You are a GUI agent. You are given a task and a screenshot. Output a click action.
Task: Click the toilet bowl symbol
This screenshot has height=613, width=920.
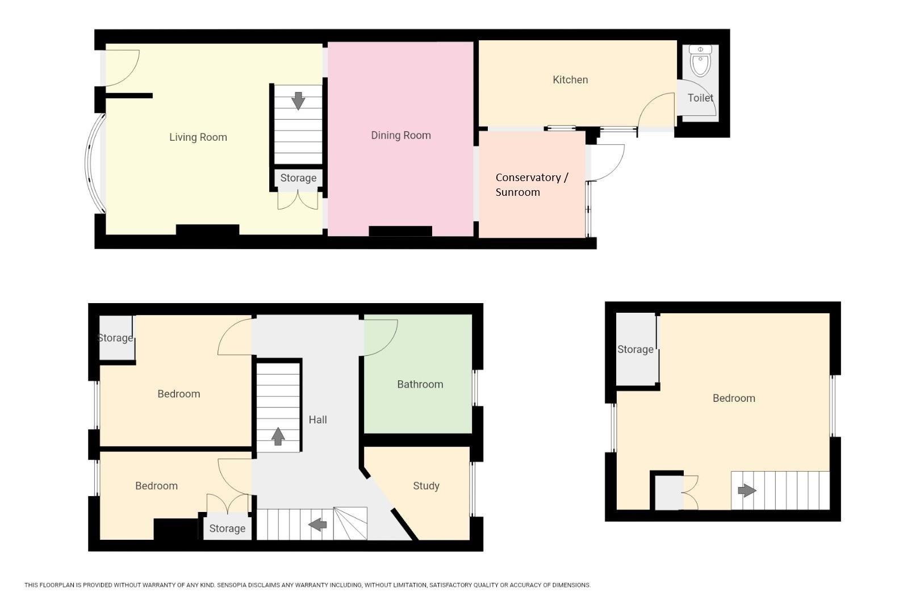coord(700,62)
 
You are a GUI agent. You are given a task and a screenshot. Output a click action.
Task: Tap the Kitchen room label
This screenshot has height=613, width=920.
coord(570,79)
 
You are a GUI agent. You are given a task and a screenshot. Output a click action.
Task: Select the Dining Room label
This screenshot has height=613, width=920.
coord(401,135)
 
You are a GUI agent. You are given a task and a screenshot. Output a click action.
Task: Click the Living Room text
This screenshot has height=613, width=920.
coord(198,137)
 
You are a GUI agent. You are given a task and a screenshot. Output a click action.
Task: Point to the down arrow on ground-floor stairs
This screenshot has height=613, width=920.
coord(298,101)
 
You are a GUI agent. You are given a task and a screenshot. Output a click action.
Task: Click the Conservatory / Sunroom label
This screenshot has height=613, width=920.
coord(531,184)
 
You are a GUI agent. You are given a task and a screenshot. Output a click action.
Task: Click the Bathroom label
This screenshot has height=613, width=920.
coord(420,384)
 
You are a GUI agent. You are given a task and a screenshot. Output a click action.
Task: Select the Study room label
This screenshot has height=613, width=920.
coord(426,486)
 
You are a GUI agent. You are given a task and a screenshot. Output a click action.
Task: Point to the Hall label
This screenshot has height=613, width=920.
coord(317,419)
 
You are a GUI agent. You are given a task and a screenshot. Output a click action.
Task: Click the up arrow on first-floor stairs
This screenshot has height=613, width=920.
coord(278,436)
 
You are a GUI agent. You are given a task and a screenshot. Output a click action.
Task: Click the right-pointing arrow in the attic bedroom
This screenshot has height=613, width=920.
coord(746,490)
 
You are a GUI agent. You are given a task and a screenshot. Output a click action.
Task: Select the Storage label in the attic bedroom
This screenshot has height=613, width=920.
coord(635,349)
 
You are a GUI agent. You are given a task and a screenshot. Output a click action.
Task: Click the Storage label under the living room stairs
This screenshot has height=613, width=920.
coord(298,178)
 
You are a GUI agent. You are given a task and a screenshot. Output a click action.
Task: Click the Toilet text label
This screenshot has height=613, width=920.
coord(700,98)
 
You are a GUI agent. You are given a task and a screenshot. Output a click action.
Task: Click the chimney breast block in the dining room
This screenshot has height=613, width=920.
coord(400,231)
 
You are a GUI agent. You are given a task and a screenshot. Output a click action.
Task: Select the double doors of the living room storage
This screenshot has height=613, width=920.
coord(298,200)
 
